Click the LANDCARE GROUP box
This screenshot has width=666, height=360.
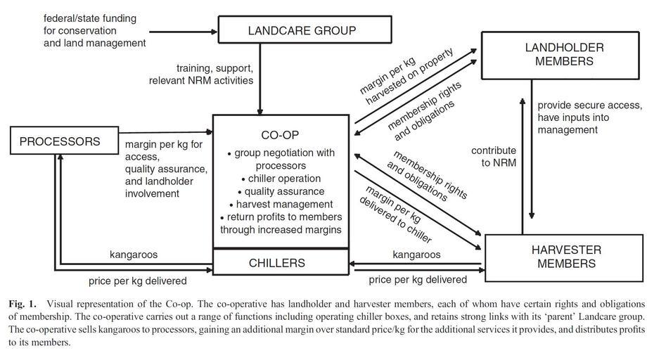[302, 30]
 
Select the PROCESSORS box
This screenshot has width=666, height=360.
[60, 141]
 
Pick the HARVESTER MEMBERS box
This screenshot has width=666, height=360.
[565, 257]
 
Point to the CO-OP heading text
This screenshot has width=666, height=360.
[281, 134]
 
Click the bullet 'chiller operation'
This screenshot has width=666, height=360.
[281, 179]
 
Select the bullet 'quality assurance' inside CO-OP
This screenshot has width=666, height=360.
[281, 191]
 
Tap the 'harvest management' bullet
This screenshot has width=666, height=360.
[281, 204]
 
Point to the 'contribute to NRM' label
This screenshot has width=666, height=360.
[494, 157]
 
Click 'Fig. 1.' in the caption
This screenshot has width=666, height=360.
[24, 304]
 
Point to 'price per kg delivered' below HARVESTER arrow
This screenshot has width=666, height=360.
[418, 280]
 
